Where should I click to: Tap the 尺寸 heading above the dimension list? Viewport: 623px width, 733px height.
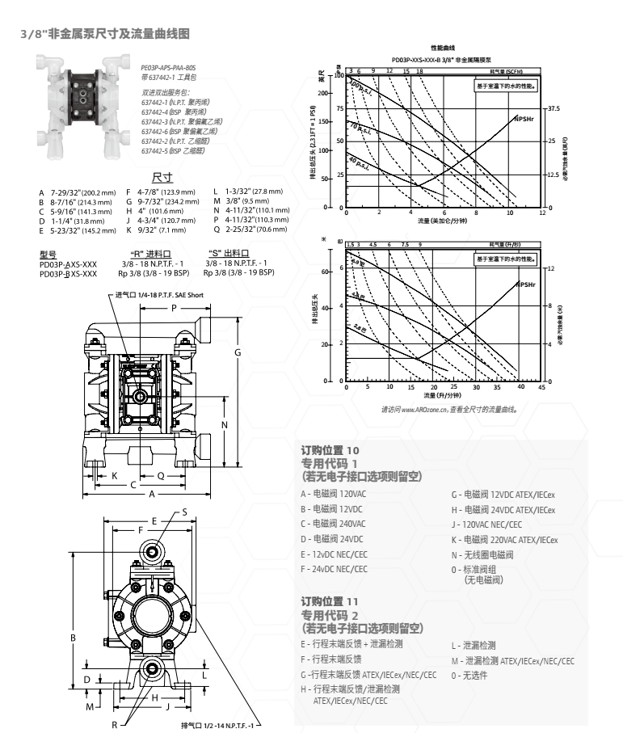click(x=160, y=177)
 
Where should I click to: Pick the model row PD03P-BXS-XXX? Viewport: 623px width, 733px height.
click(x=68, y=274)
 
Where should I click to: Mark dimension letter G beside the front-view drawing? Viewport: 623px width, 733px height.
click(x=238, y=353)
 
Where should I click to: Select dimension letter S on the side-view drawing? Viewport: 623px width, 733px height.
click(x=184, y=512)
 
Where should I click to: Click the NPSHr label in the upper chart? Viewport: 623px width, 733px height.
click(x=524, y=119)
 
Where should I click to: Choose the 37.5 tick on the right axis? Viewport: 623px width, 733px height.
click(x=555, y=107)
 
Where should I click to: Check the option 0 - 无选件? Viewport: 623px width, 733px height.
click(x=469, y=675)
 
